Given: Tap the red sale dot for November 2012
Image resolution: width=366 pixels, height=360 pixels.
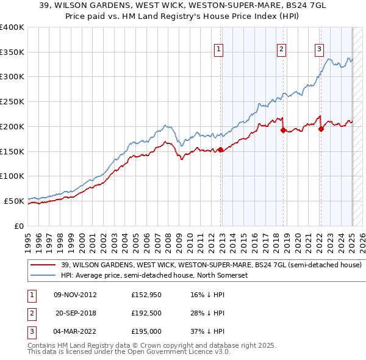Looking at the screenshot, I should [x=221, y=149].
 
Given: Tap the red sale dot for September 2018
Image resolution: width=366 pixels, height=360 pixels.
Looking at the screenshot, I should [x=284, y=130].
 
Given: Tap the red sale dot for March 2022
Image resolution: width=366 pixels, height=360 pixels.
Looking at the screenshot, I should [x=321, y=129].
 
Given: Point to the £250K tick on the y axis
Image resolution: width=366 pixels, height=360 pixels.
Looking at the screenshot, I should [x=12, y=101].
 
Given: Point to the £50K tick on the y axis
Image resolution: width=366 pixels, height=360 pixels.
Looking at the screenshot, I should [x=14, y=200].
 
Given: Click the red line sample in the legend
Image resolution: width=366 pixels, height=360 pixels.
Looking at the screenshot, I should [x=43, y=265].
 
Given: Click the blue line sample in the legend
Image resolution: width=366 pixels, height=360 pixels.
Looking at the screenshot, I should [x=43, y=275].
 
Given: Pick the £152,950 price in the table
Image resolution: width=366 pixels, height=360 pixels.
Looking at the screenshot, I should [x=145, y=295].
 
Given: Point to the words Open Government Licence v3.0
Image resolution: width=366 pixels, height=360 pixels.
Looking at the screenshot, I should [x=182, y=352].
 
